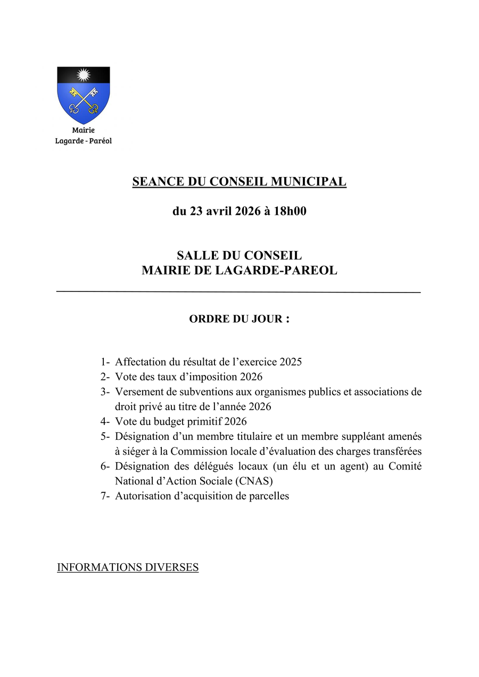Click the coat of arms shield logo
pos(83,96)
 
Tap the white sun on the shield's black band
pos(83,74)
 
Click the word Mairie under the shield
pos(84,130)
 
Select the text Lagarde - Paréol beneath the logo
pos(84,141)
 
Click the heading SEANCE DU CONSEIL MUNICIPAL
pos(239,182)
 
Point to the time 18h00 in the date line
pos(290,211)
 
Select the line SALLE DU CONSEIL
pos(239,256)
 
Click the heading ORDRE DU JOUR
pos(239,319)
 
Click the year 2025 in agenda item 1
pos(291,362)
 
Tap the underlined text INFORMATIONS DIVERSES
pos(128,567)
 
